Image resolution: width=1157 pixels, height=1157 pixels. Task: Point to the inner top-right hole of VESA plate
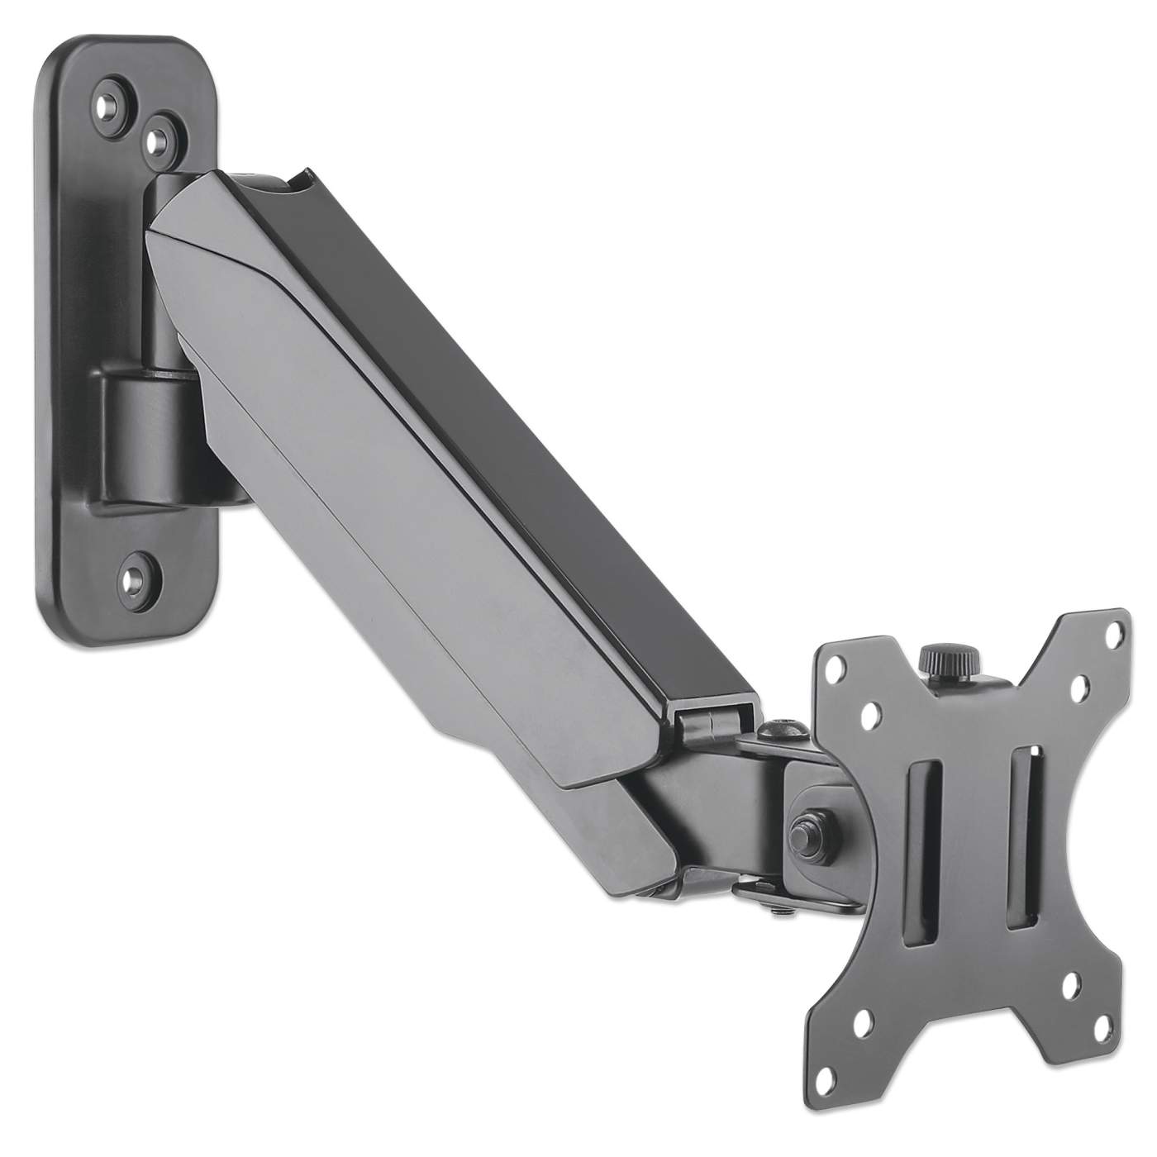pyautogui.click(x=1078, y=685)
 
